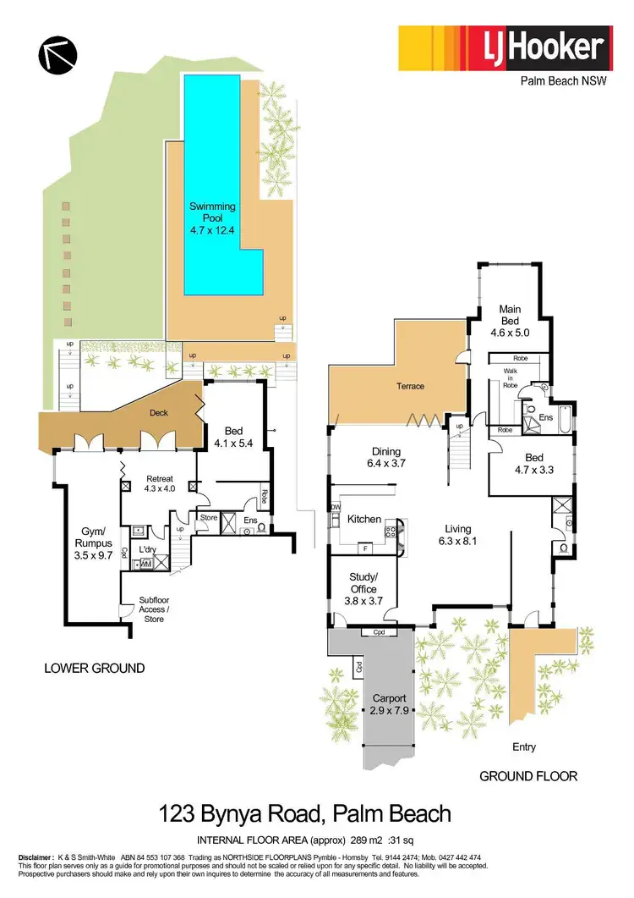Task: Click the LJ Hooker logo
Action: pos(506,47)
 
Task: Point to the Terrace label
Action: pos(408,387)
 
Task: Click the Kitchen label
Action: pos(364,520)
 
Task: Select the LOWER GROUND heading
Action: pos(94,669)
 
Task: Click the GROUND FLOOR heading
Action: pos(528,775)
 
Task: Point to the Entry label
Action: pos(524,747)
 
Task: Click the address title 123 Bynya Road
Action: pos(305,815)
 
